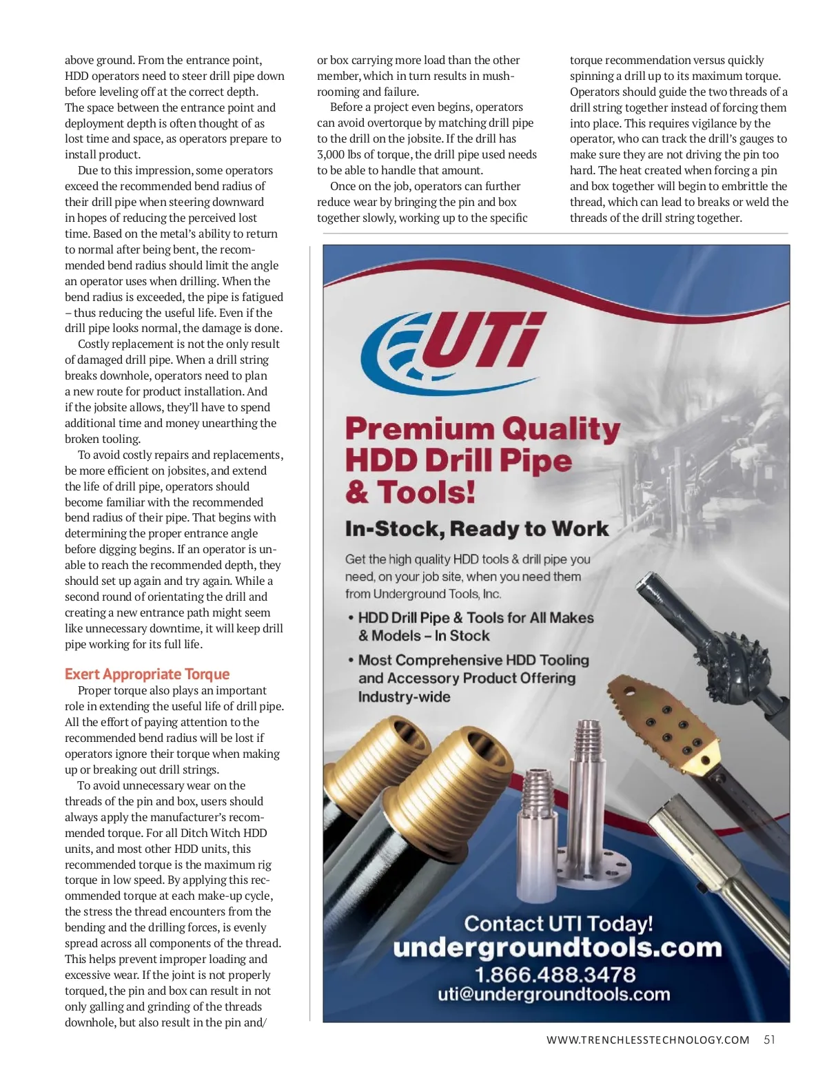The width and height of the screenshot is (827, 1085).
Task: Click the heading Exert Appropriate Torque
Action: (147, 674)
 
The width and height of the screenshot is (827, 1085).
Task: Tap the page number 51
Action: (769, 1040)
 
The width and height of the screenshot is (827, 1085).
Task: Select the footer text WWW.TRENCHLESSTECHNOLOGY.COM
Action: (647, 1040)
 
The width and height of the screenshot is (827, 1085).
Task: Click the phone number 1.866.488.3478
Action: (555, 974)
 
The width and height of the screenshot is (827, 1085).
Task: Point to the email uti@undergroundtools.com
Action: (554, 994)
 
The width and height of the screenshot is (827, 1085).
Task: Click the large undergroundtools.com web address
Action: (557, 948)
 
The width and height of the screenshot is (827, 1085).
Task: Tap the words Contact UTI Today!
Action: (558, 923)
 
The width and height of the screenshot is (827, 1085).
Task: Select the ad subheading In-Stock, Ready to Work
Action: (477, 528)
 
